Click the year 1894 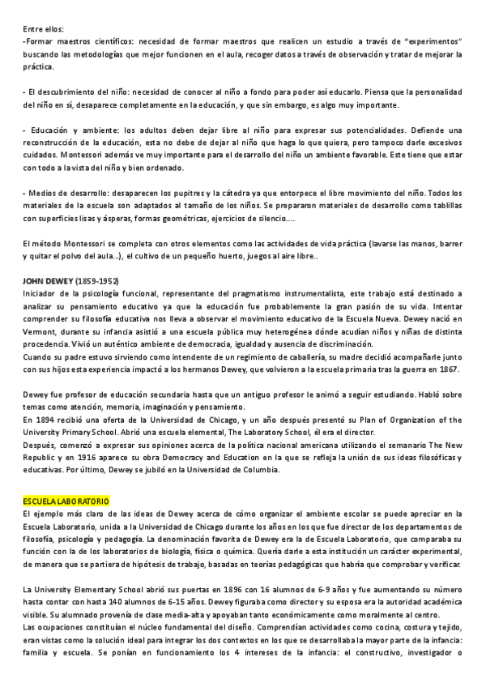click(x=49, y=420)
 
